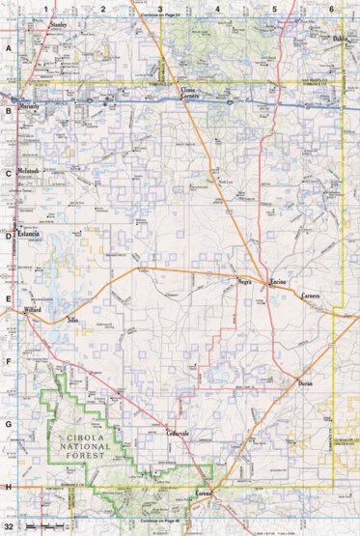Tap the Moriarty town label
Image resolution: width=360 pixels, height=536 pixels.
click(33, 107)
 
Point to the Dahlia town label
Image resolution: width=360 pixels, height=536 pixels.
click(339, 39)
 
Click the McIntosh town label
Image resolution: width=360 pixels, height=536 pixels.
click(30, 171)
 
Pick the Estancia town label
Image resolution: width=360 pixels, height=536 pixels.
click(27, 235)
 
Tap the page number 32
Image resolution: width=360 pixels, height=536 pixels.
click(9, 527)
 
